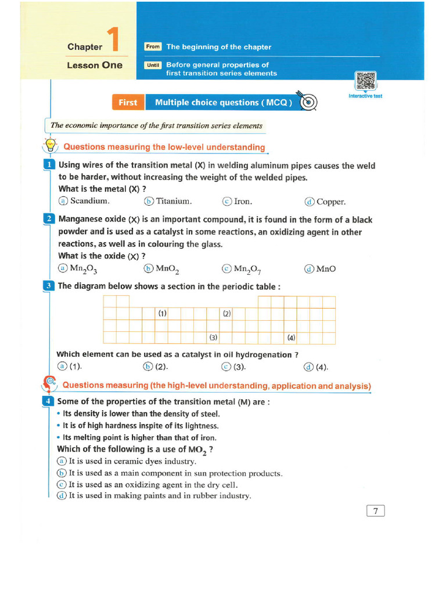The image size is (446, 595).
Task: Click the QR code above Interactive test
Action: click(x=365, y=81)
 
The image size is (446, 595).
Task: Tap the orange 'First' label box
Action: click(x=128, y=103)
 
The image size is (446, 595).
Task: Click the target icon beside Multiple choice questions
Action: click(x=310, y=102)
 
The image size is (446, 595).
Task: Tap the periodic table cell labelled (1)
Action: click(x=162, y=313)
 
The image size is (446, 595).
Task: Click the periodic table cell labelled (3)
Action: click(x=213, y=338)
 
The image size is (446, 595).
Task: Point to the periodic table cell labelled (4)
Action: click(x=291, y=338)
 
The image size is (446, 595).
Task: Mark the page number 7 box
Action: click(x=376, y=511)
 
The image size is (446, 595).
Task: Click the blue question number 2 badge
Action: click(x=49, y=219)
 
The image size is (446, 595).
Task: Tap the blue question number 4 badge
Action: click(x=49, y=402)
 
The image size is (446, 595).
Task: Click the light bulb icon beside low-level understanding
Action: click(x=51, y=145)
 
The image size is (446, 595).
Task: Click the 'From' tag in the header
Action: click(x=153, y=46)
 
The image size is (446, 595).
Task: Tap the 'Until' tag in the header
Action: click(x=153, y=65)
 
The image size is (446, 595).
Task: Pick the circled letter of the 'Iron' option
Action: click(x=227, y=202)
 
